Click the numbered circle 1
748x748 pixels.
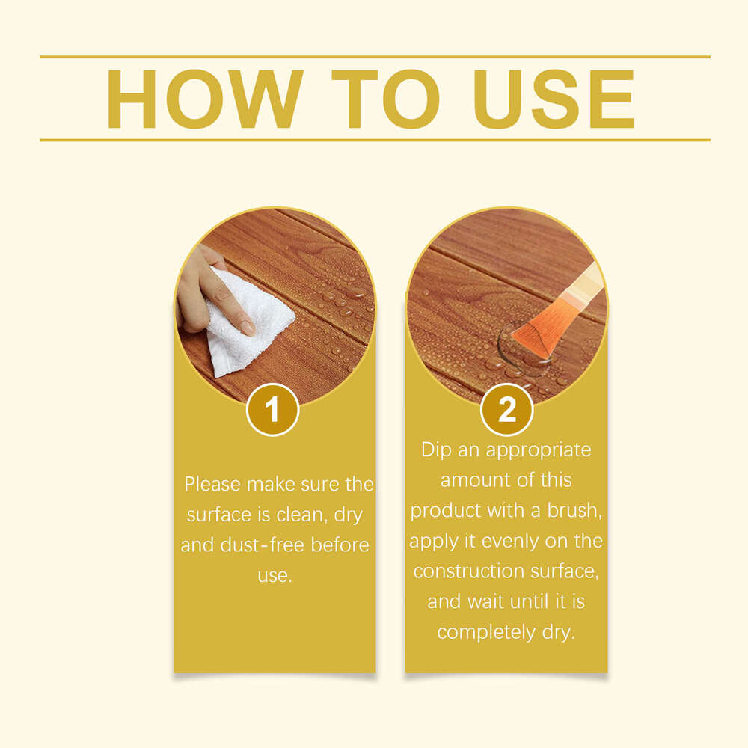(x=273, y=410)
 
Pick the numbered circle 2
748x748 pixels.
(x=506, y=410)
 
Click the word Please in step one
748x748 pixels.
(x=212, y=485)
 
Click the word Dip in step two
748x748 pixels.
(x=435, y=450)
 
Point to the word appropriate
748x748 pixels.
(x=539, y=450)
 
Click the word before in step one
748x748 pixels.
(x=340, y=545)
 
